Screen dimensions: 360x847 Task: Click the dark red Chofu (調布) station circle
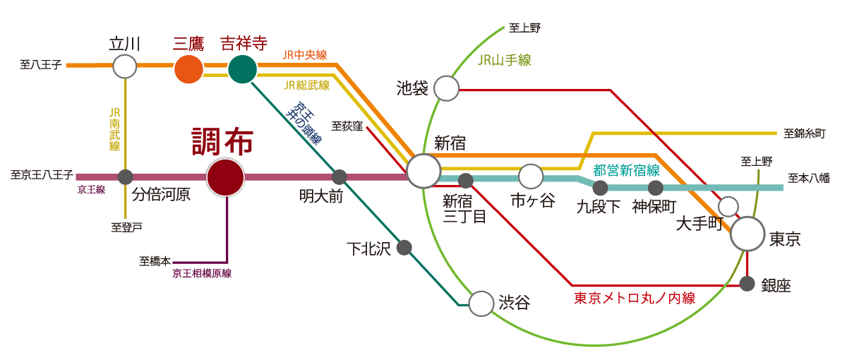tap(226, 176)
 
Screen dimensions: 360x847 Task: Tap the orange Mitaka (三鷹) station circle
tap(188, 69)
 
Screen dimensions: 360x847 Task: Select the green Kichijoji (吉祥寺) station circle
tap(242, 69)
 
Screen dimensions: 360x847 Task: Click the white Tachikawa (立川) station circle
tap(125, 66)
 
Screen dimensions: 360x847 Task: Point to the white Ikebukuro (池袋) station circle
tap(446, 88)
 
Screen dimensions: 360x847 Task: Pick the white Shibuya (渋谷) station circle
tap(481, 304)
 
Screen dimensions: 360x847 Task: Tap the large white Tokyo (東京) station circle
tap(747, 234)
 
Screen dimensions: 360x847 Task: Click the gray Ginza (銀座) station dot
tap(747, 284)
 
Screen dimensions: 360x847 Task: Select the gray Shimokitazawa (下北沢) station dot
tap(404, 248)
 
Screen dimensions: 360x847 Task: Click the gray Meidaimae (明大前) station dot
tap(340, 176)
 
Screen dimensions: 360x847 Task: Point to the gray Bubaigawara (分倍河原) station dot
tap(125, 176)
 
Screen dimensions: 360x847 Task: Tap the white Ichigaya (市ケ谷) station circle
tap(530, 176)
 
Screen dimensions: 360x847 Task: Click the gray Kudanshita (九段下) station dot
tap(600, 188)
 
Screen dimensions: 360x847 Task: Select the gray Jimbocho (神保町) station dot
tap(656, 188)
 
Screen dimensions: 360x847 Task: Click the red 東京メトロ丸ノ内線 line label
tap(634, 299)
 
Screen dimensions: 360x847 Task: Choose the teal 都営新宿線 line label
tap(626, 170)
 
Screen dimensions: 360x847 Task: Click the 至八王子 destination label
tap(41, 65)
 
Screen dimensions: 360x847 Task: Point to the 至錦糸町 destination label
tap(805, 133)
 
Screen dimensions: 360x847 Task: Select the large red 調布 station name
tap(223, 142)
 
